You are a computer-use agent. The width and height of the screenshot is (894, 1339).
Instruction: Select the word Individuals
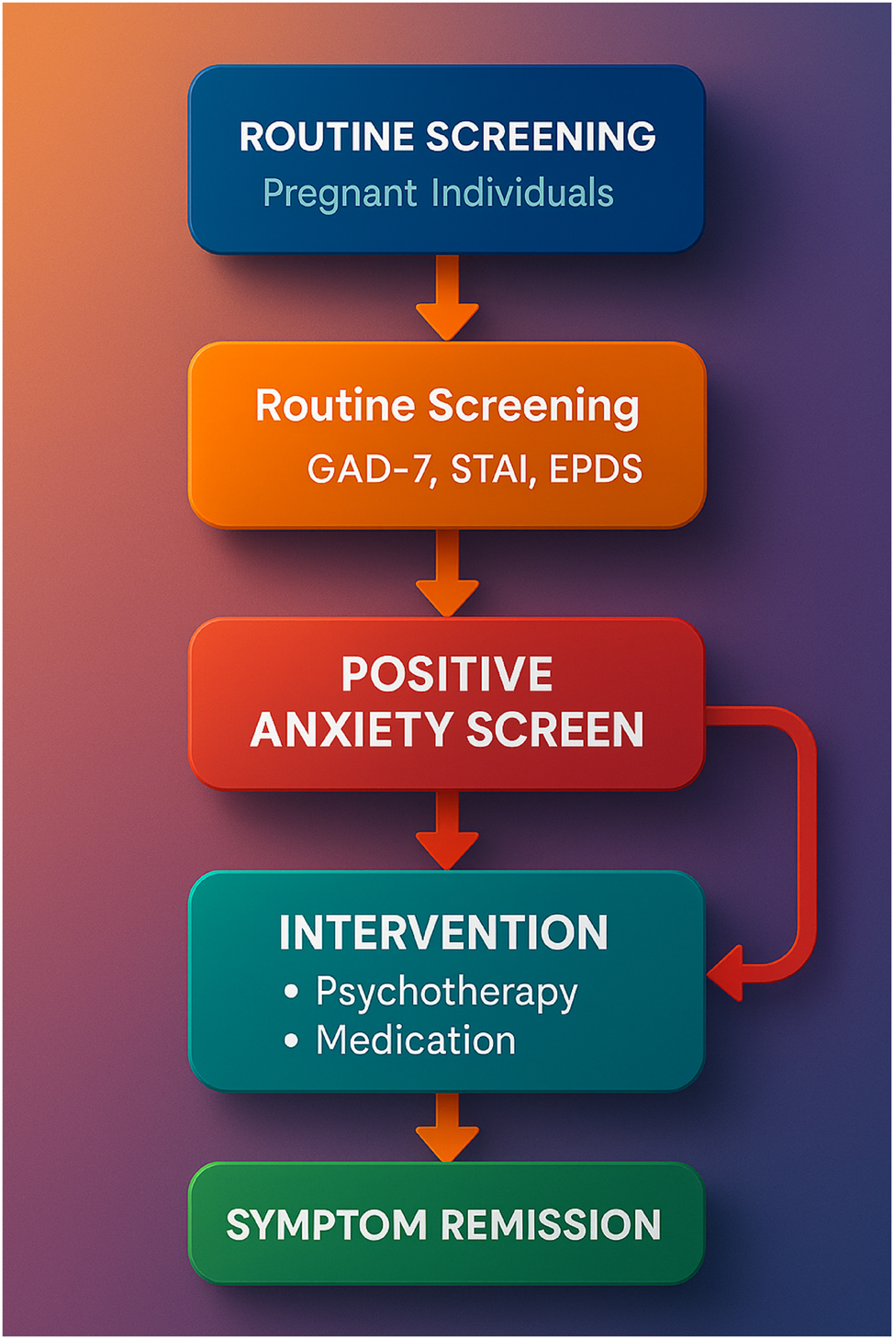click(522, 193)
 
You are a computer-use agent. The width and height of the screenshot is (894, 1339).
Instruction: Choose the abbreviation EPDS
click(596, 469)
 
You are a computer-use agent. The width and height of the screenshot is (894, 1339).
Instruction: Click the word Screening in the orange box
click(534, 407)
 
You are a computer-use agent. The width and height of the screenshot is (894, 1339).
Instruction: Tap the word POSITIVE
click(447, 674)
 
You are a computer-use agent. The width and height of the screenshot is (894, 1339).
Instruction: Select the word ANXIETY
click(352, 730)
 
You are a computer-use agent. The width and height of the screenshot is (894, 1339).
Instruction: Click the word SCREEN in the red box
click(555, 730)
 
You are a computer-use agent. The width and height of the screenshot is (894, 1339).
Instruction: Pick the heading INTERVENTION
click(443, 933)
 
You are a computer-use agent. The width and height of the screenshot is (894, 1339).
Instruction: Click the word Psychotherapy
click(447, 993)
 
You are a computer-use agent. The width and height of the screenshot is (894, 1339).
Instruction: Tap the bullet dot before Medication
click(292, 1041)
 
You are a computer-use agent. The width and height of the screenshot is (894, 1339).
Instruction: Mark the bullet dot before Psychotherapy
click(292, 991)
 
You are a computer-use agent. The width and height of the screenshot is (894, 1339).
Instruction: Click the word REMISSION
click(552, 1225)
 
